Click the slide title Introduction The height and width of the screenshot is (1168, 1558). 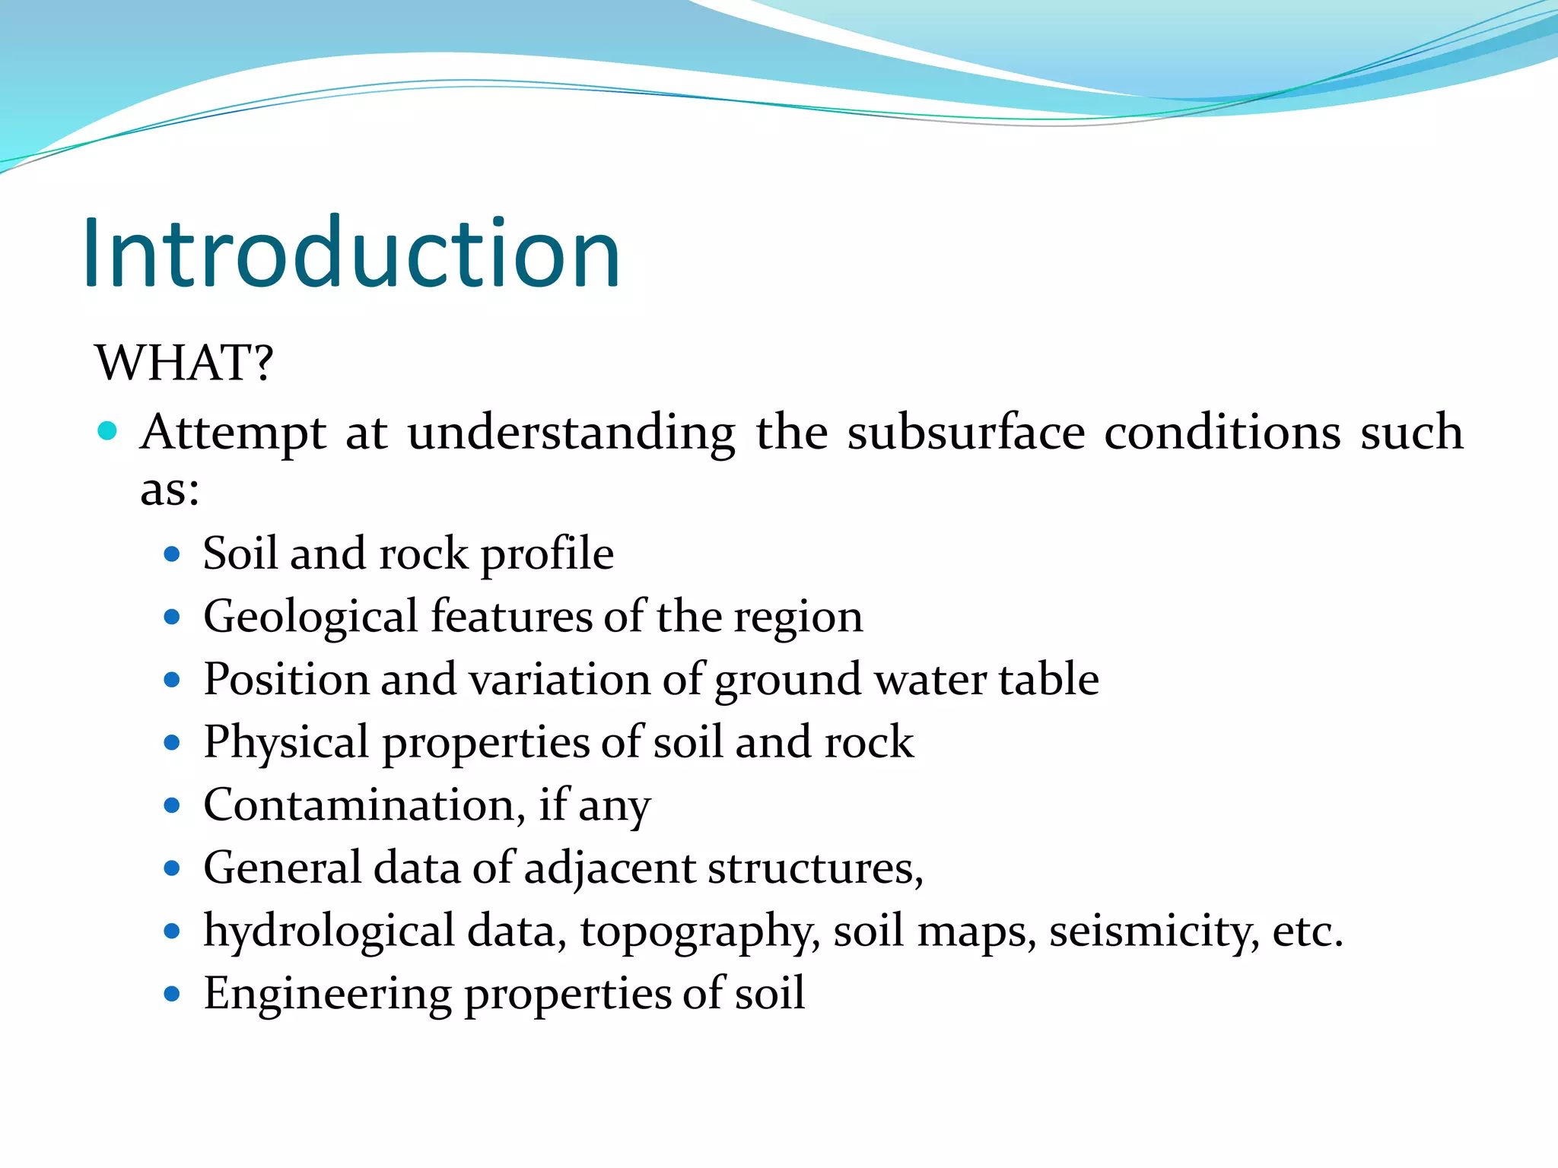tap(351, 252)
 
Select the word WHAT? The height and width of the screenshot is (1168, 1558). tap(183, 362)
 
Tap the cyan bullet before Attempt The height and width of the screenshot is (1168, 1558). tap(107, 431)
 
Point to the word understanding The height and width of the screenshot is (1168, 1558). tap(571, 433)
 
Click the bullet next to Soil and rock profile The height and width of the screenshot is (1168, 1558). tap(172, 554)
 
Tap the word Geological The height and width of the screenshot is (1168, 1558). tap(310, 616)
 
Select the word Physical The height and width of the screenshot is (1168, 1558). tap(286, 742)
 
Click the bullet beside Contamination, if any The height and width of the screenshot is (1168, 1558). tap(172, 805)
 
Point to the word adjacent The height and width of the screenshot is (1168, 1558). tap(609, 868)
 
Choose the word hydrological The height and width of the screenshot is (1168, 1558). tap(329, 931)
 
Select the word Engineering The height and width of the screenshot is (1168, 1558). tap(327, 994)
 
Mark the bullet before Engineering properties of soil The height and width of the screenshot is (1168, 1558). tap(172, 994)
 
